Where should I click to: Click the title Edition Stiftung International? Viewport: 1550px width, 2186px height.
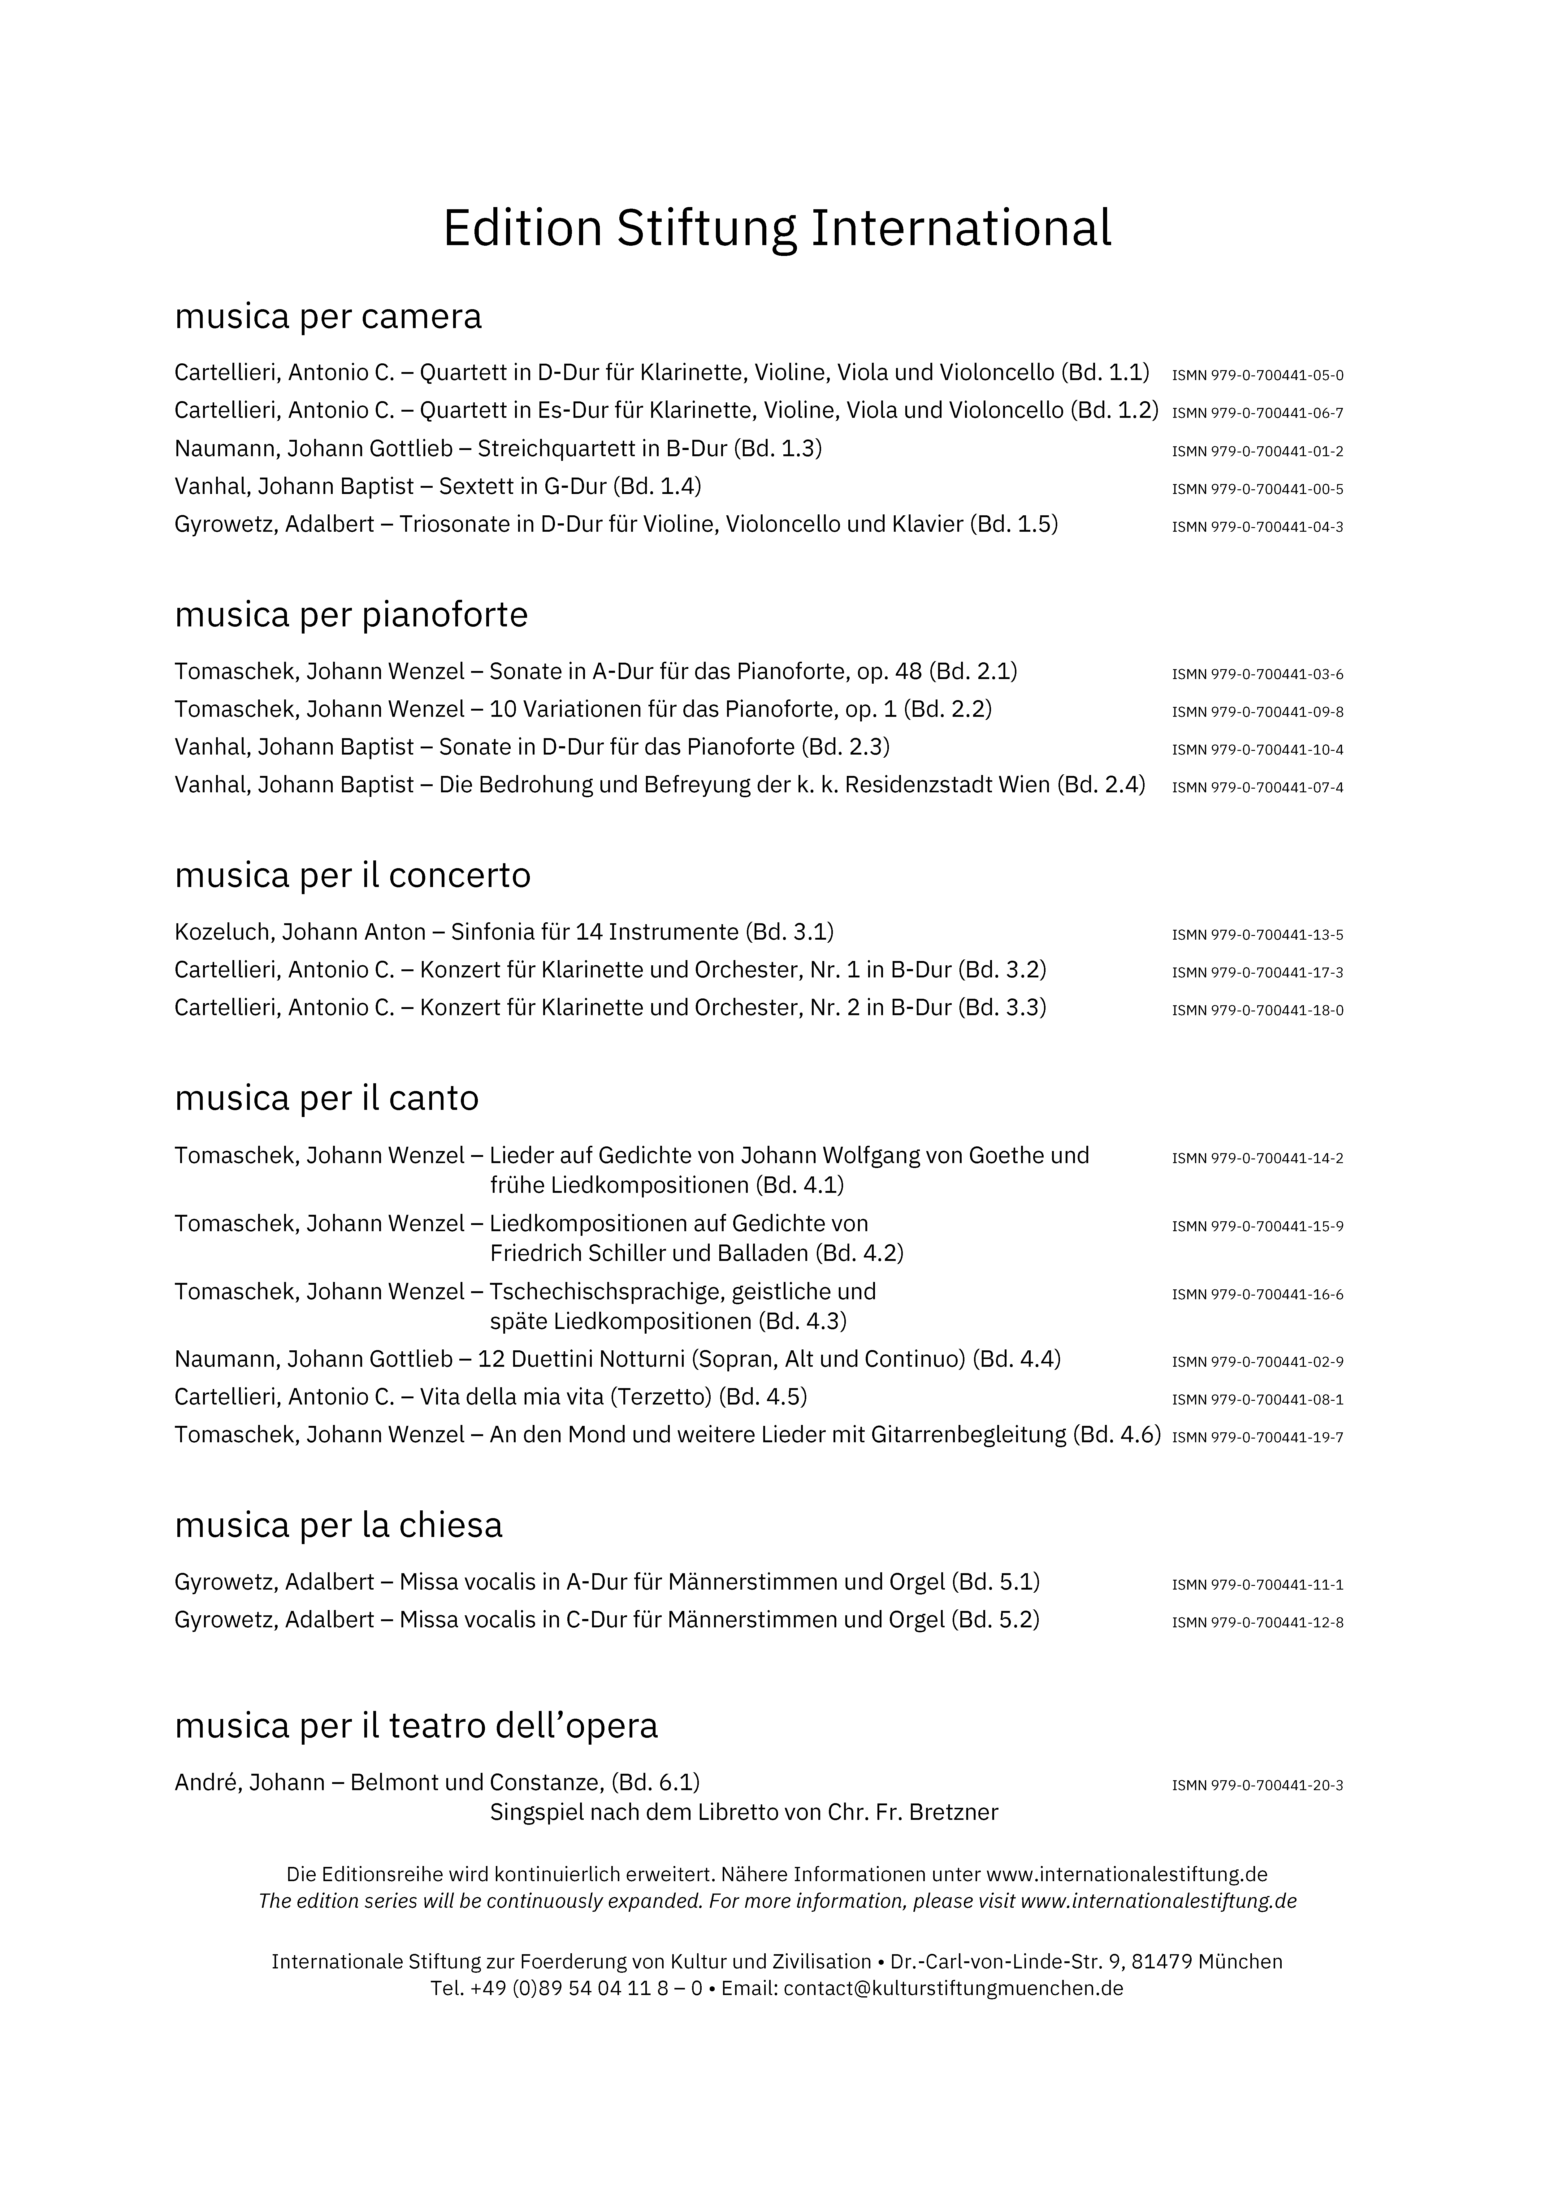point(777,229)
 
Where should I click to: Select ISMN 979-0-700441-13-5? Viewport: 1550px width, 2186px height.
point(1257,935)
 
